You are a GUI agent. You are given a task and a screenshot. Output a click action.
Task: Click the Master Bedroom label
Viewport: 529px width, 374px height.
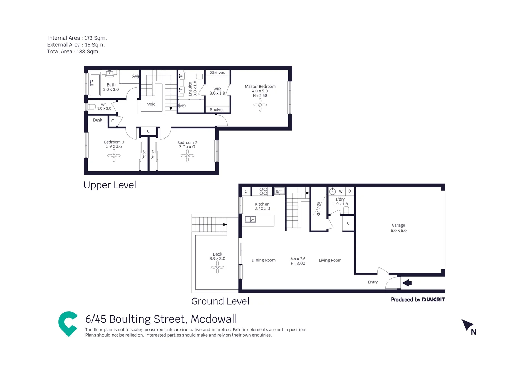(x=260, y=87)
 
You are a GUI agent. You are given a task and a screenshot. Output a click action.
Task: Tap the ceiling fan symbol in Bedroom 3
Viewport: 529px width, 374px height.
(x=114, y=156)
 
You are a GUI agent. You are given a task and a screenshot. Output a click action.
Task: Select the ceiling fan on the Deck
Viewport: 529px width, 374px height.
(x=217, y=267)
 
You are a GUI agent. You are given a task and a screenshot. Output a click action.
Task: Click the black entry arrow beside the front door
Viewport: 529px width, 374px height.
(x=407, y=283)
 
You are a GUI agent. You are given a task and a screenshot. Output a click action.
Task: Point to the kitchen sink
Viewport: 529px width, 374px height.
(x=250, y=219)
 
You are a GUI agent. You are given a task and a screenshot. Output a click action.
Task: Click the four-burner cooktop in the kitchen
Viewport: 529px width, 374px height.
(x=263, y=191)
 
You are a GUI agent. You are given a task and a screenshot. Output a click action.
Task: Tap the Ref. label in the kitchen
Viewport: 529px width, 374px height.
(x=279, y=192)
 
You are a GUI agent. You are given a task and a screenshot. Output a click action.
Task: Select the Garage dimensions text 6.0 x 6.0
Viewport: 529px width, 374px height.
(x=398, y=231)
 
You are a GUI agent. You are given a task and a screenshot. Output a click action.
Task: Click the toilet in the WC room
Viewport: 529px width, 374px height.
(x=91, y=107)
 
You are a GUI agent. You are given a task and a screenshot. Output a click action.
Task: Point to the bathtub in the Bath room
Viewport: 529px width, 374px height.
(x=95, y=84)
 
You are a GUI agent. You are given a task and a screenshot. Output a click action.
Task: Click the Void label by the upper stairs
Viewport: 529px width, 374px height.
(x=151, y=104)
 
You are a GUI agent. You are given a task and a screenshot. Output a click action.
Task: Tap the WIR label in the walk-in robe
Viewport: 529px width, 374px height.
(x=217, y=89)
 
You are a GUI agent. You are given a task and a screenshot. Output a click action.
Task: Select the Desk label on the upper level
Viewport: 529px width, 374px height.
(x=98, y=120)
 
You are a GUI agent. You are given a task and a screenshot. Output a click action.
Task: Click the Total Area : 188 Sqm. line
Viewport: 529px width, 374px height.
(x=73, y=52)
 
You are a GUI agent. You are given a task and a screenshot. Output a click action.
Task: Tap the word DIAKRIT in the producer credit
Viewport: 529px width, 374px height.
(x=433, y=300)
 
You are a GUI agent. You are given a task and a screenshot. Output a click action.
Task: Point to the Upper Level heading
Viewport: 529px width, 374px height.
(x=110, y=185)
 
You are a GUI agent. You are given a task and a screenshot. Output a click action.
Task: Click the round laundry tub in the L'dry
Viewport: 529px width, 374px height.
(x=333, y=191)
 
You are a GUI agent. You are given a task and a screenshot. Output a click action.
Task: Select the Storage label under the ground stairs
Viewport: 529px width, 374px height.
(x=319, y=209)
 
